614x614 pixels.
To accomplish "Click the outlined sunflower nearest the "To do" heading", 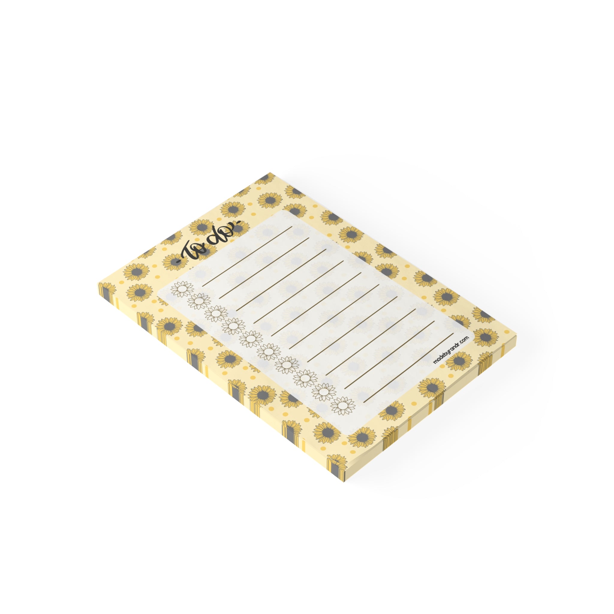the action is point(182,289).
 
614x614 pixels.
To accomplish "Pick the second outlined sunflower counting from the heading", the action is point(199,301).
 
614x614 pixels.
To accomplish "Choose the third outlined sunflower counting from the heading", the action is point(216,313).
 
